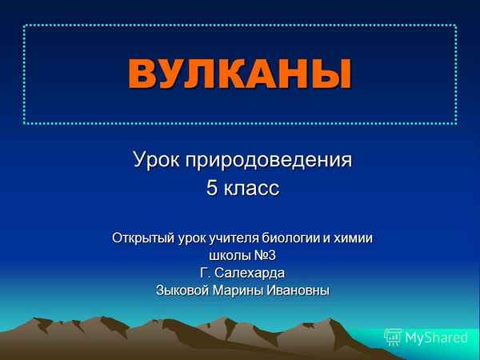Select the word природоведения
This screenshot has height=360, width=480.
click(269, 160)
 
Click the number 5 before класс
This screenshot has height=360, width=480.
click(212, 190)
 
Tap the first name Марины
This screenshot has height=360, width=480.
click(238, 290)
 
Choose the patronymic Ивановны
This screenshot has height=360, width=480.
click(298, 290)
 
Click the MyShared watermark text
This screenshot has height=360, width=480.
click(436, 338)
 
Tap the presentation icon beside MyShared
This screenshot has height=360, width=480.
click(393, 337)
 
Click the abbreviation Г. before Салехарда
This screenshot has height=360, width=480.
click(206, 273)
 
